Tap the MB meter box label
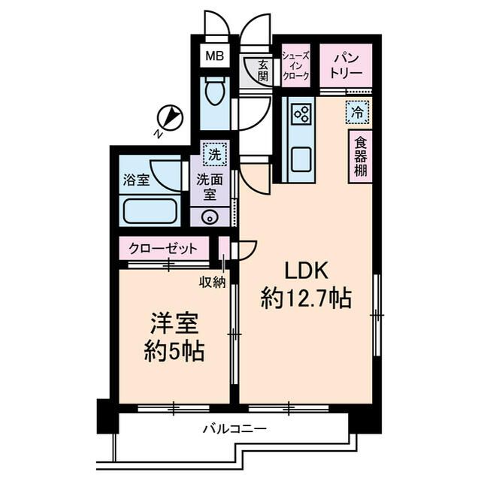215,56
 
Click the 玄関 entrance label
262,71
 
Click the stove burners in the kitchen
302,114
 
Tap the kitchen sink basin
302,159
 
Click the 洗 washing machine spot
215,156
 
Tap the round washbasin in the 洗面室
210,217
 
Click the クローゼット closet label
163,249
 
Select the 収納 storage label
213,282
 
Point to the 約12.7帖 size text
306,299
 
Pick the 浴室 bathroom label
136,180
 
